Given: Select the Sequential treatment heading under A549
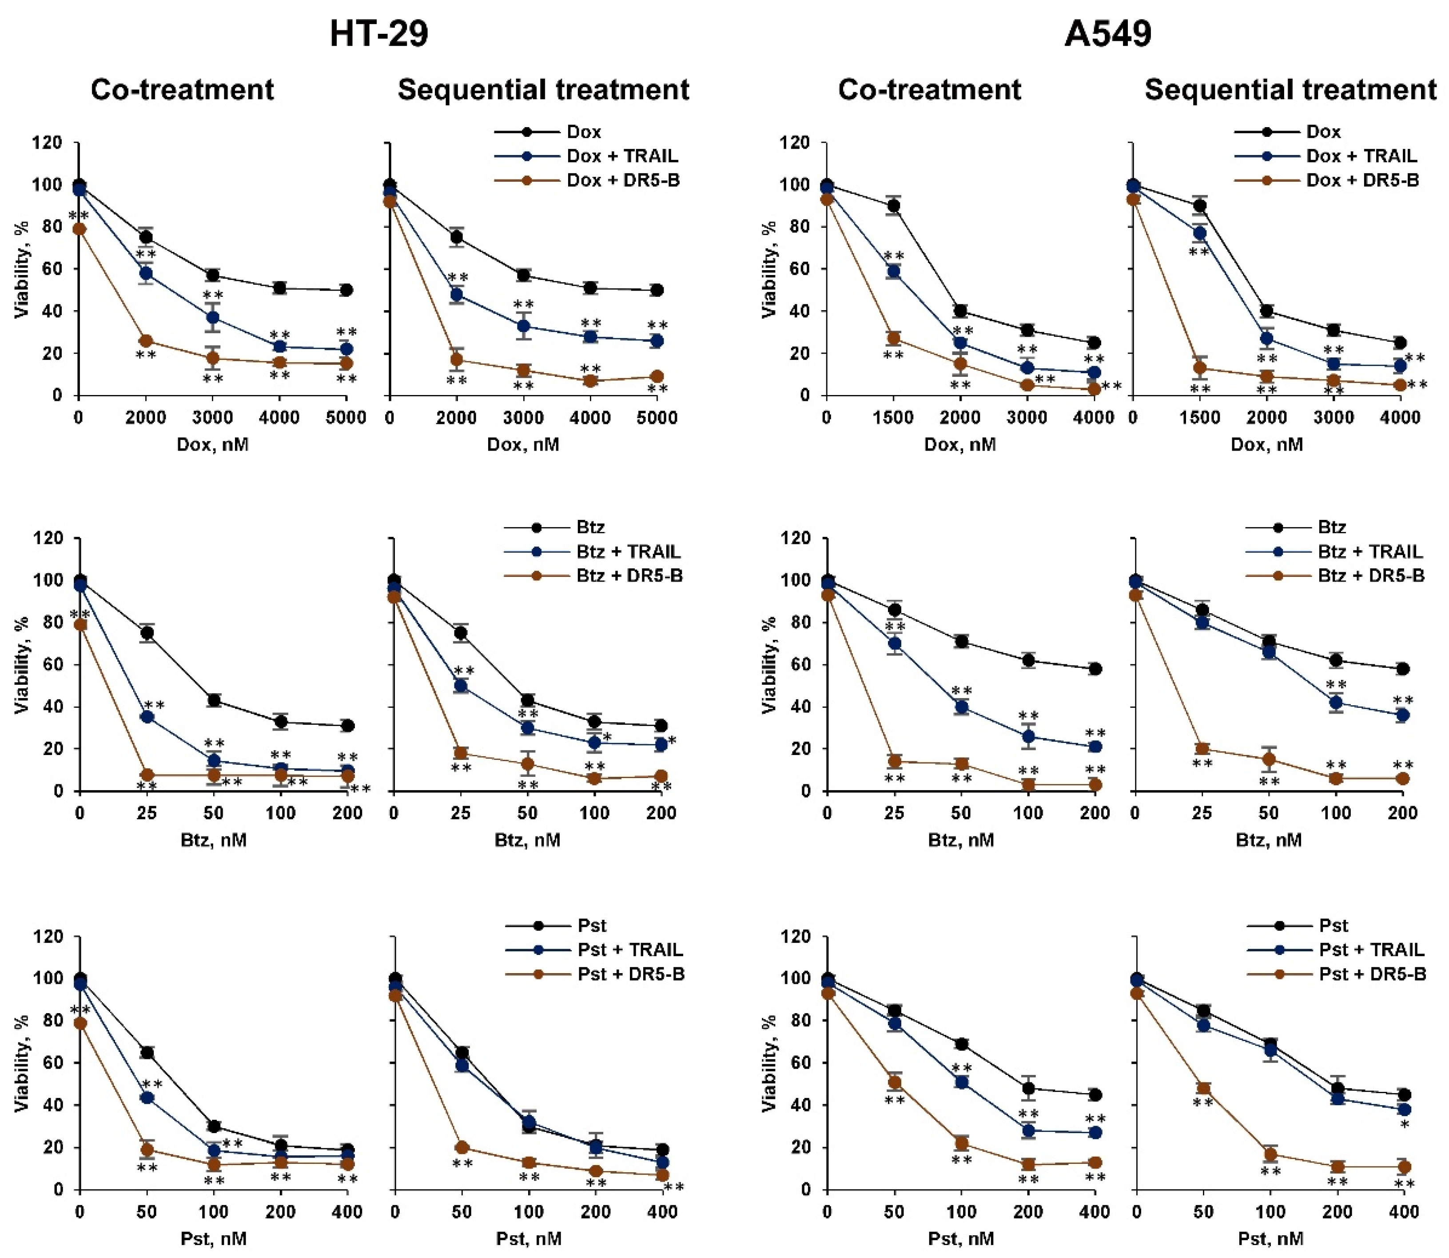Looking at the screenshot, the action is [x=1290, y=90].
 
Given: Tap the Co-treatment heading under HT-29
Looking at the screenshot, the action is [x=183, y=90].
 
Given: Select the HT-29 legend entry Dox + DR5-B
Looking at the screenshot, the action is [x=623, y=180].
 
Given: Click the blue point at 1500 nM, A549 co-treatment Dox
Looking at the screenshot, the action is [x=894, y=272].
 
